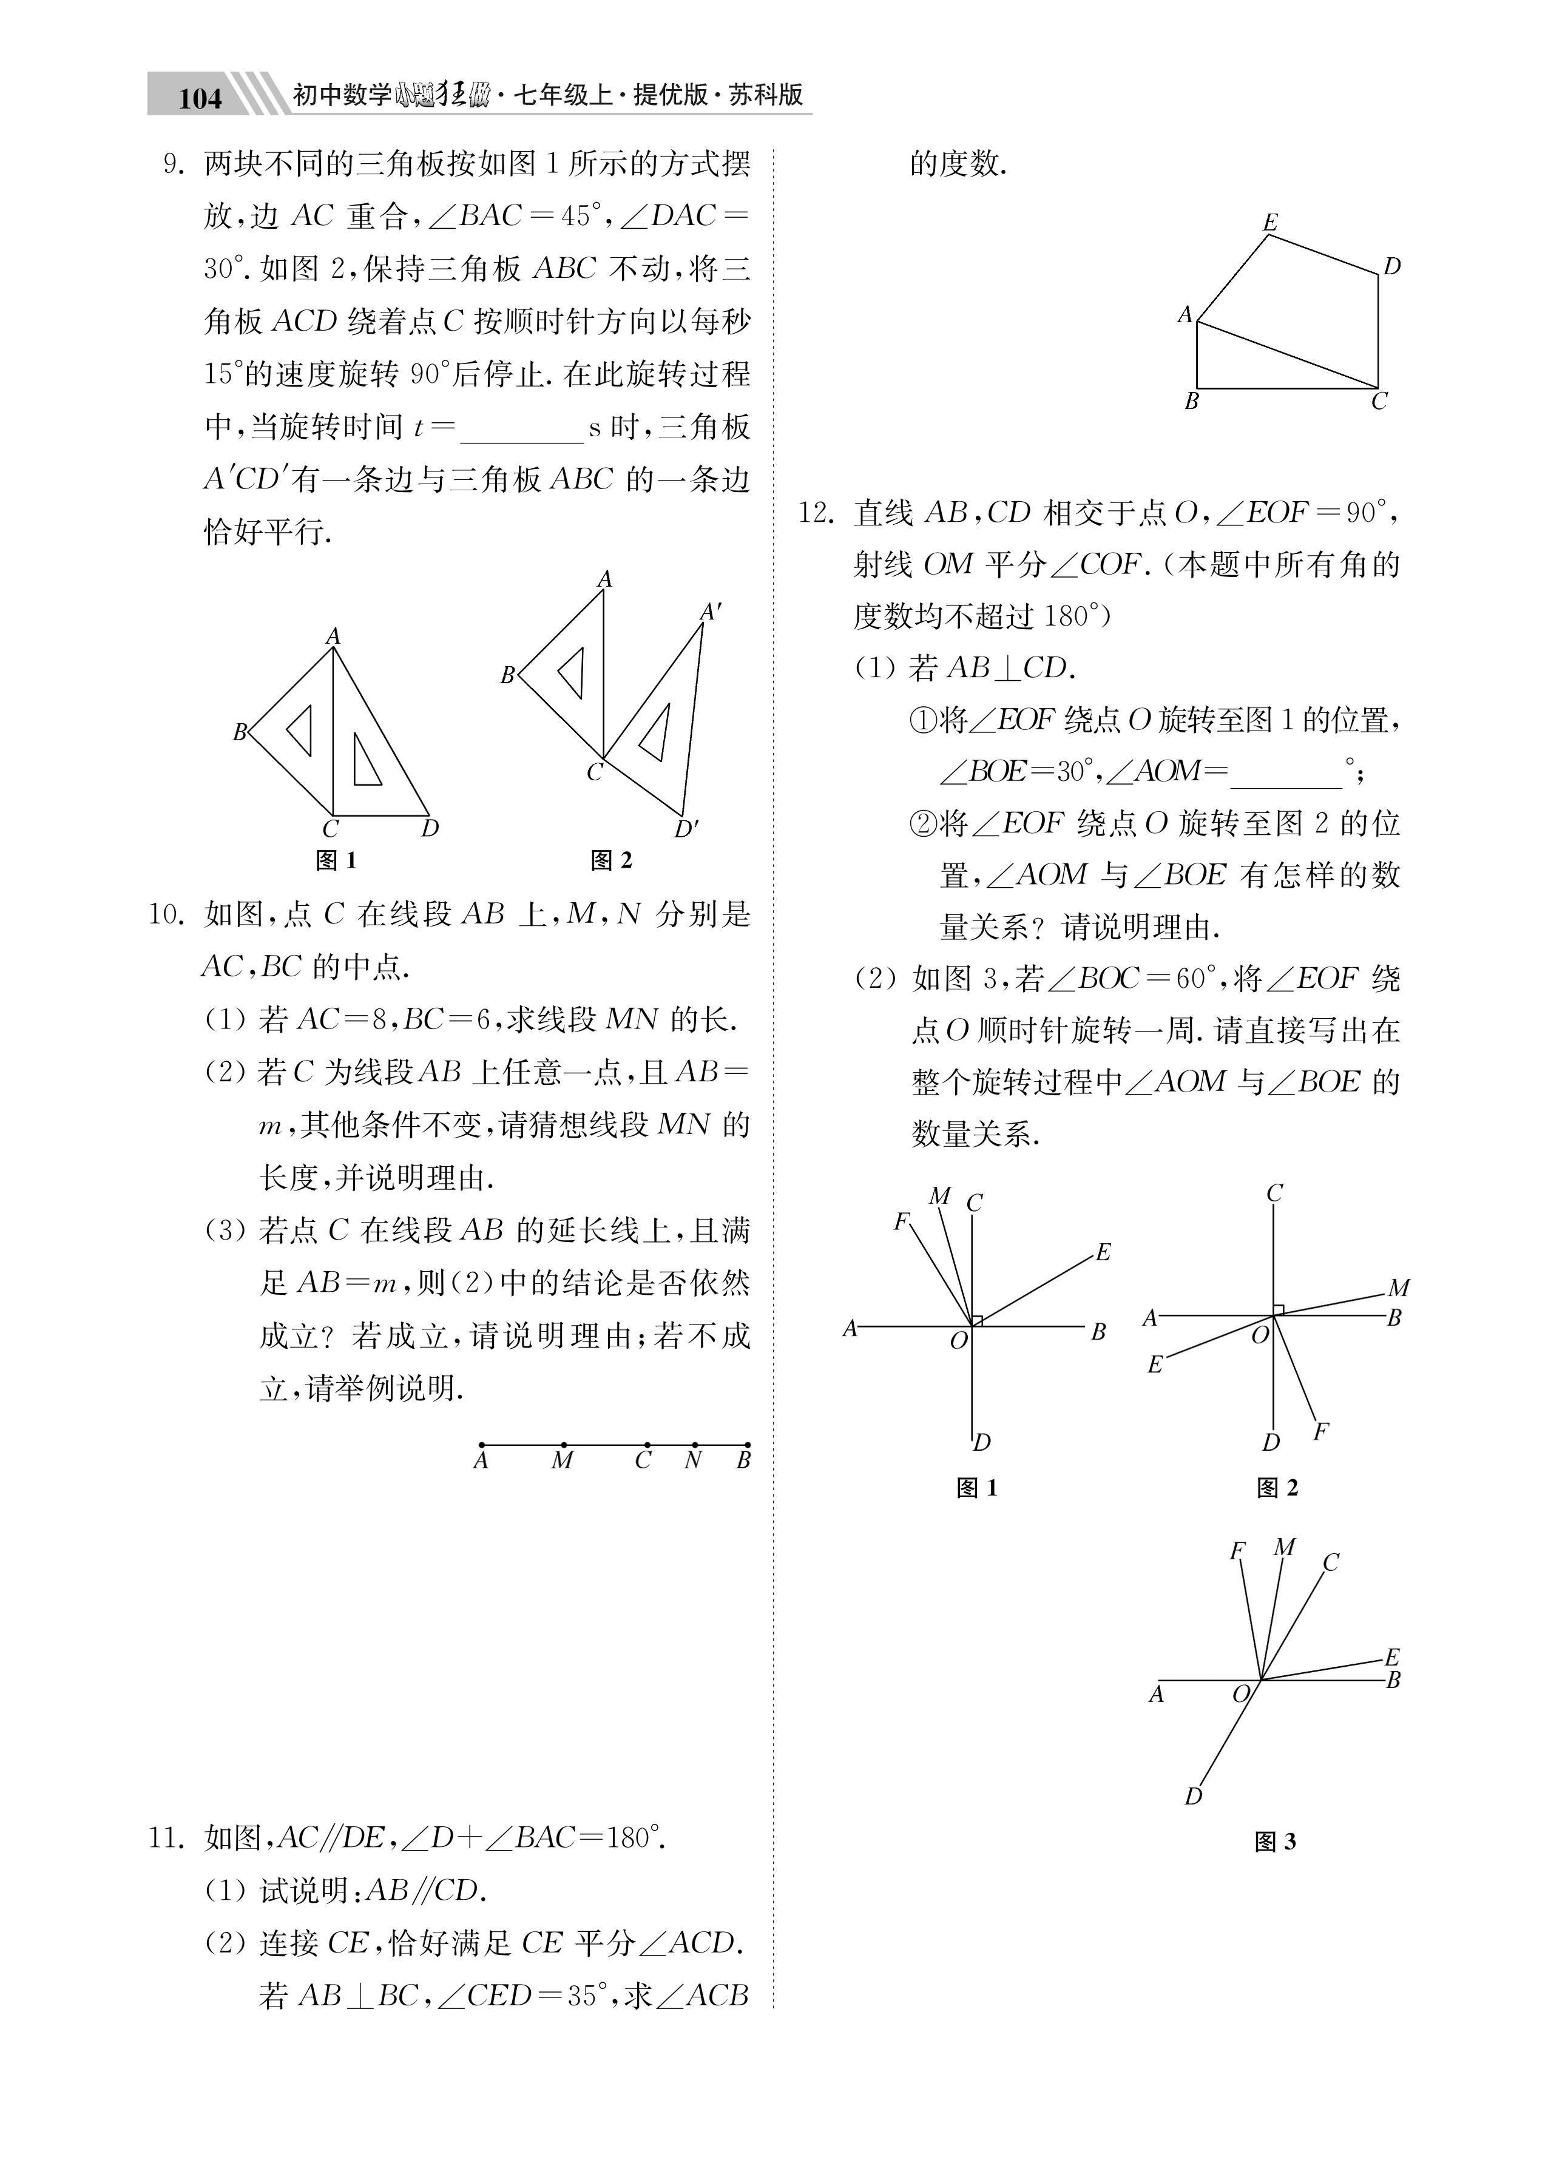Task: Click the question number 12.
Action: click(816, 513)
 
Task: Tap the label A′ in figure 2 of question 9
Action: click(710, 612)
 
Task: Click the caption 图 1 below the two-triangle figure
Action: click(335, 861)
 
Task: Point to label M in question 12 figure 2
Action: click(1398, 1288)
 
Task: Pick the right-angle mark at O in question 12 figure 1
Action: click(977, 1320)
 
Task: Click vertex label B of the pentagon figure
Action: click(1191, 401)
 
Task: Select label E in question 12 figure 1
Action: click(1103, 1252)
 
